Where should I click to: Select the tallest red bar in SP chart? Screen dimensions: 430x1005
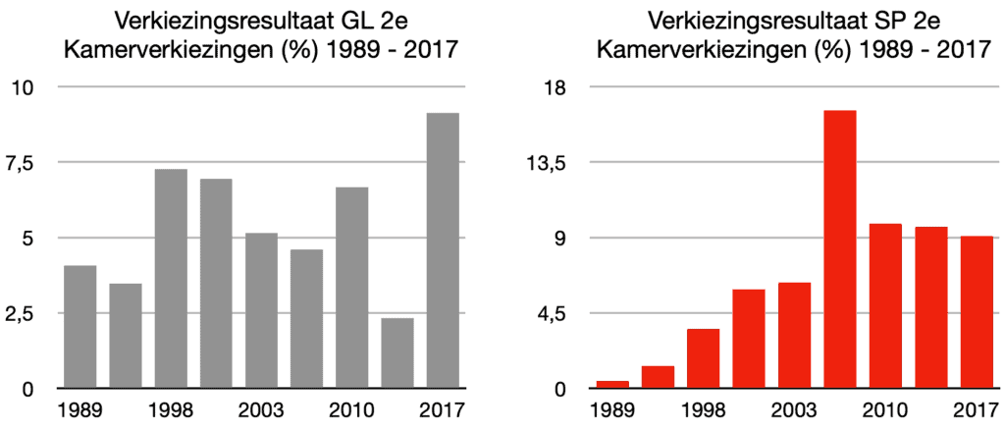click(840, 249)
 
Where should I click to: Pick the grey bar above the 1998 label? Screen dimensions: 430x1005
click(171, 279)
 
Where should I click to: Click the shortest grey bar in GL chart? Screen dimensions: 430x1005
click(397, 352)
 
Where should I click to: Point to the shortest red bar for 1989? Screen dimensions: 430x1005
click(613, 384)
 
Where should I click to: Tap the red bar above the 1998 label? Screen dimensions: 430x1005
click(704, 358)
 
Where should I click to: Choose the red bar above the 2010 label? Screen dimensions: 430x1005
click(885, 306)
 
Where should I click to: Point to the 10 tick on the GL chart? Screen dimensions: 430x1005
click(23, 87)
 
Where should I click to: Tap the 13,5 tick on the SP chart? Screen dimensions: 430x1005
click(553, 163)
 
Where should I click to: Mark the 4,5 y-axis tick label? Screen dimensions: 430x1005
click(556, 313)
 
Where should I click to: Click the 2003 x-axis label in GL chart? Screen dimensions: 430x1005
click(262, 408)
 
